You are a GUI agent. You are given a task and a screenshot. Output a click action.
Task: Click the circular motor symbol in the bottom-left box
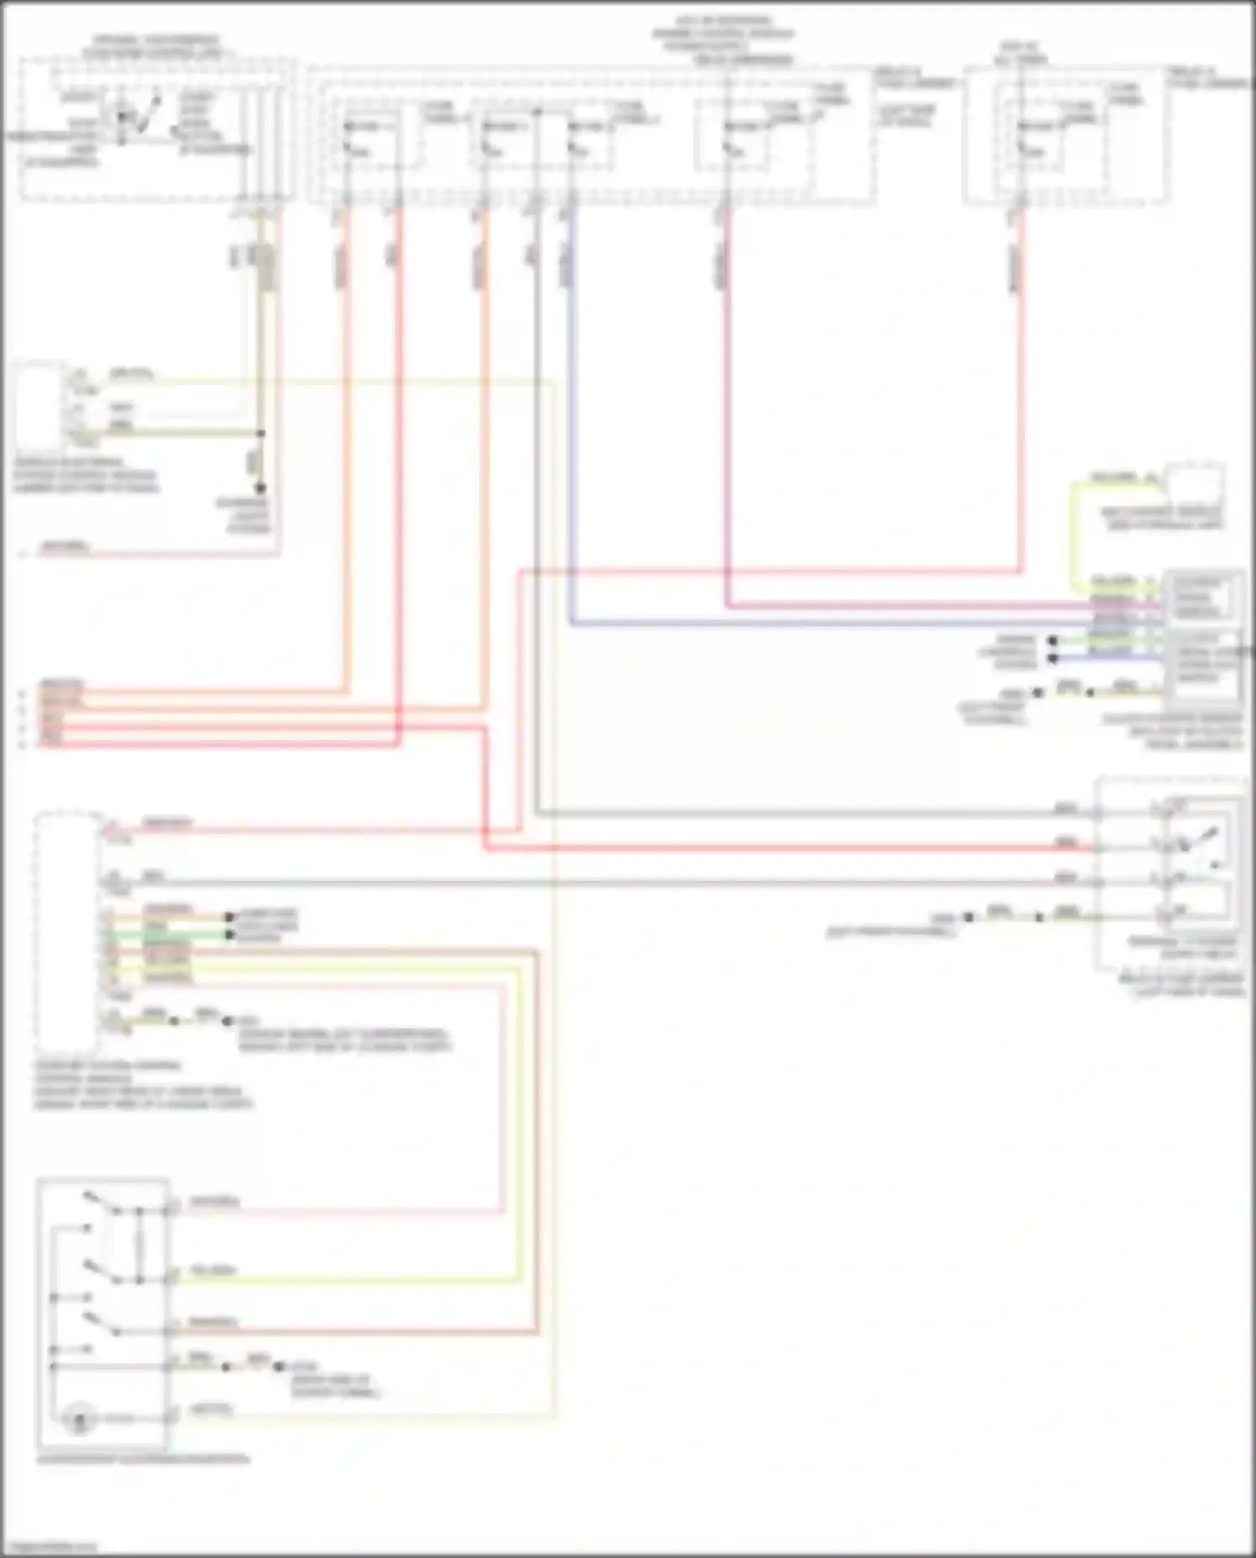click(80, 1418)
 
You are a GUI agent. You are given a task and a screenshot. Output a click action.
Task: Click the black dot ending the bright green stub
click(229, 934)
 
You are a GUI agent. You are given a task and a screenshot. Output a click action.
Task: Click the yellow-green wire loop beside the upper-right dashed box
click(1073, 536)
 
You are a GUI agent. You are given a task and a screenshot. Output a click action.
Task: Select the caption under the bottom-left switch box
click(142, 1459)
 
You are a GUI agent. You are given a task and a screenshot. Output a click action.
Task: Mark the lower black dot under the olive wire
click(260, 488)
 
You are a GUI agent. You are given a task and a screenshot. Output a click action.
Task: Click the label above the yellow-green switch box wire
click(214, 1270)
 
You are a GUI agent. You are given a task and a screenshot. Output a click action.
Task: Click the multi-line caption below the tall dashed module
click(142, 1085)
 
